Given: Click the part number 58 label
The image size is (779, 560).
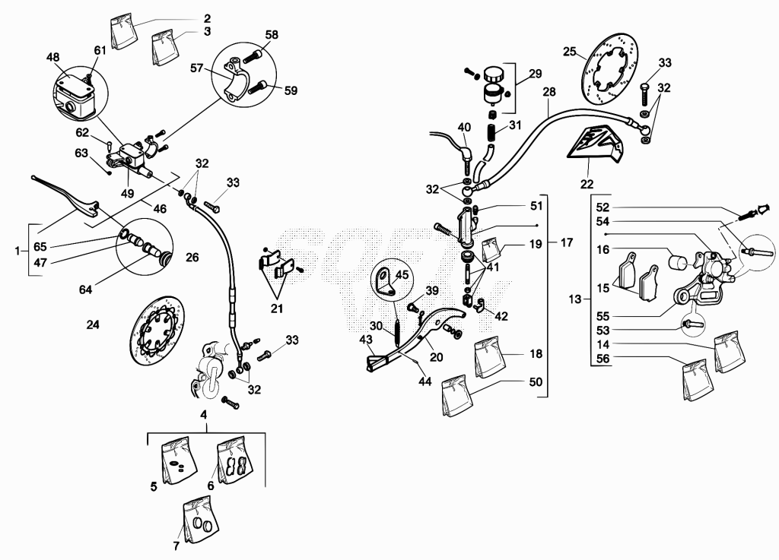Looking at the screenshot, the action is point(272,35).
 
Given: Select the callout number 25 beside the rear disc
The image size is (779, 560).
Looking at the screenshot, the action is point(569,51).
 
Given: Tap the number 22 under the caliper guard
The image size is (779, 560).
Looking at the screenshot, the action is point(587,184).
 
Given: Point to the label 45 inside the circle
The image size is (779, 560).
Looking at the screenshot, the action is point(402,275).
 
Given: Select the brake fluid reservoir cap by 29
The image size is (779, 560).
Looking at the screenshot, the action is point(493,75).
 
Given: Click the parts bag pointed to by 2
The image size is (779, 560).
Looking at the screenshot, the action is point(123,31).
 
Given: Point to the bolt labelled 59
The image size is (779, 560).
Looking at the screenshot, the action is point(259,88).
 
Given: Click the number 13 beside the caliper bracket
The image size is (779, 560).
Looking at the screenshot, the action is point(574,299).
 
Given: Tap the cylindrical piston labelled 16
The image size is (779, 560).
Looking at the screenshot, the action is point(678,262).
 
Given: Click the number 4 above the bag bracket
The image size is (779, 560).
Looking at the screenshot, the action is point(204,414).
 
